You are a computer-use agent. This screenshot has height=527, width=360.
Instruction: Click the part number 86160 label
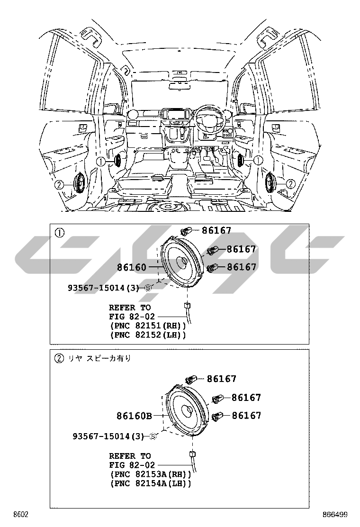coord(132,267)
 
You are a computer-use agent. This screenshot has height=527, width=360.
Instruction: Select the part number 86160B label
coord(134,416)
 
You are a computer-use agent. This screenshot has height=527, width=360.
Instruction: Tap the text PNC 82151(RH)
coord(147,326)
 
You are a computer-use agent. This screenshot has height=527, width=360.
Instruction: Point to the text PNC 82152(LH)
coord(147,335)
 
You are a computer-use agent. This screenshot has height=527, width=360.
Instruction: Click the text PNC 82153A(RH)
coord(150,474)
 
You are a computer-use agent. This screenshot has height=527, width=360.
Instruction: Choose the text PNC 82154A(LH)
coord(150,483)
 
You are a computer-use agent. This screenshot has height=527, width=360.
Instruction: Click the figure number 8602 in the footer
coord(20,515)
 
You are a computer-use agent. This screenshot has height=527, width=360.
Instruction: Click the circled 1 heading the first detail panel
coord(59,233)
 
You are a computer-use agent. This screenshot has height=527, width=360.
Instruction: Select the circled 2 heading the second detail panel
coord(59,358)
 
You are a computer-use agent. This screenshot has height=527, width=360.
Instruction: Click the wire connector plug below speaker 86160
coord(187,304)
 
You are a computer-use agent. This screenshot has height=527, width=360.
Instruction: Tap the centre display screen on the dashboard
coord(172,115)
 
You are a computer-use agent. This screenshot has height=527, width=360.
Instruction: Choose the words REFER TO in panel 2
coord(130,456)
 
